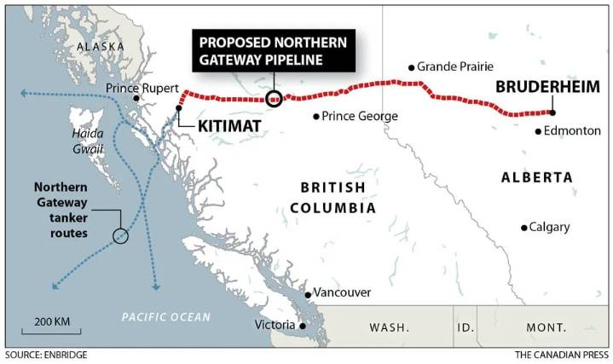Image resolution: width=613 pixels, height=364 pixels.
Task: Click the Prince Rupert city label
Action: (x=142, y=89)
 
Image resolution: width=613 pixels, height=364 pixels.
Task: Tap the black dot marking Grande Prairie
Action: (x=411, y=66)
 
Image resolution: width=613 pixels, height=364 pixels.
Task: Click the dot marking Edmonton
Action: (x=538, y=131)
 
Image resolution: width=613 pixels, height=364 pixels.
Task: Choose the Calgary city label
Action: (x=549, y=227)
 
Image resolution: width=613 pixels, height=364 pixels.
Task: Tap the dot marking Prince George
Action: (x=316, y=116)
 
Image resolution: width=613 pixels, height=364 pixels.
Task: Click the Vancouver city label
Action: (x=342, y=292)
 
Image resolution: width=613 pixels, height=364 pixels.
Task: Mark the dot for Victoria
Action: (x=301, y=326)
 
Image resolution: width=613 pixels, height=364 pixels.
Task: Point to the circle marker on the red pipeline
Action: (x=274, y=98)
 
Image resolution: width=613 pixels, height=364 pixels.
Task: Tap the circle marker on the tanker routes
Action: (x=120, y=235)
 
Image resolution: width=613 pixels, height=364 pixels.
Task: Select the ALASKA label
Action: (x=100, y=46)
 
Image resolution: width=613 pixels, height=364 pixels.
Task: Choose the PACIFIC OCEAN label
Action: (x=165, y=317)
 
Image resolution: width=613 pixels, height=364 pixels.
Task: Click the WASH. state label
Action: (x=390, y=327)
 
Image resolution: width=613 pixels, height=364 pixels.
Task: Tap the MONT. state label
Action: (x=546, y=327)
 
